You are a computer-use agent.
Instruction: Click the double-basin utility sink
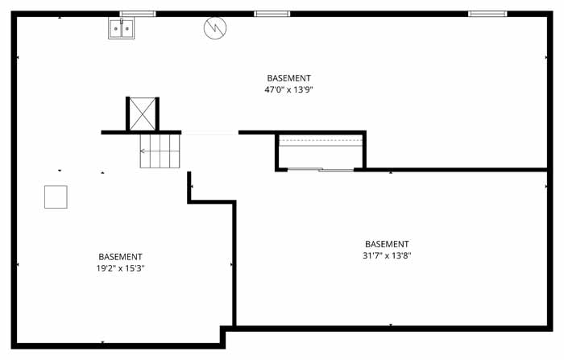122,28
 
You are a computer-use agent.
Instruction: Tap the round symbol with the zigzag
215,28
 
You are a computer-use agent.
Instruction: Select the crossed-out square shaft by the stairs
143,114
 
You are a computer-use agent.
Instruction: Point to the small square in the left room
56,197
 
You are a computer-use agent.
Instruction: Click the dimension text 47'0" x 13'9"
288,89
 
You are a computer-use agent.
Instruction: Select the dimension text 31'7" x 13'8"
387,255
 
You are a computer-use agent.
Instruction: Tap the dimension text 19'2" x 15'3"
121,268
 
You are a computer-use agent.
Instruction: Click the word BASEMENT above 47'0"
288,78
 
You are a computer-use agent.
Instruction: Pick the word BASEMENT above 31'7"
387,244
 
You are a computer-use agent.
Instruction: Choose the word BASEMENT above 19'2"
121,257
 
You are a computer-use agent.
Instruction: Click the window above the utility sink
138,14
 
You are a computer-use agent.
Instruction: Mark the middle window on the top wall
272,14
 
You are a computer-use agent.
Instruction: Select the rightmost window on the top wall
487,14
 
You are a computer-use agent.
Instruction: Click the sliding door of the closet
321,169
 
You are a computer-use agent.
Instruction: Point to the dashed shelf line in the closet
321,140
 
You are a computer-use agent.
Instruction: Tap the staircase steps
160,151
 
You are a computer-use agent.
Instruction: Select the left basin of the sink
116,28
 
